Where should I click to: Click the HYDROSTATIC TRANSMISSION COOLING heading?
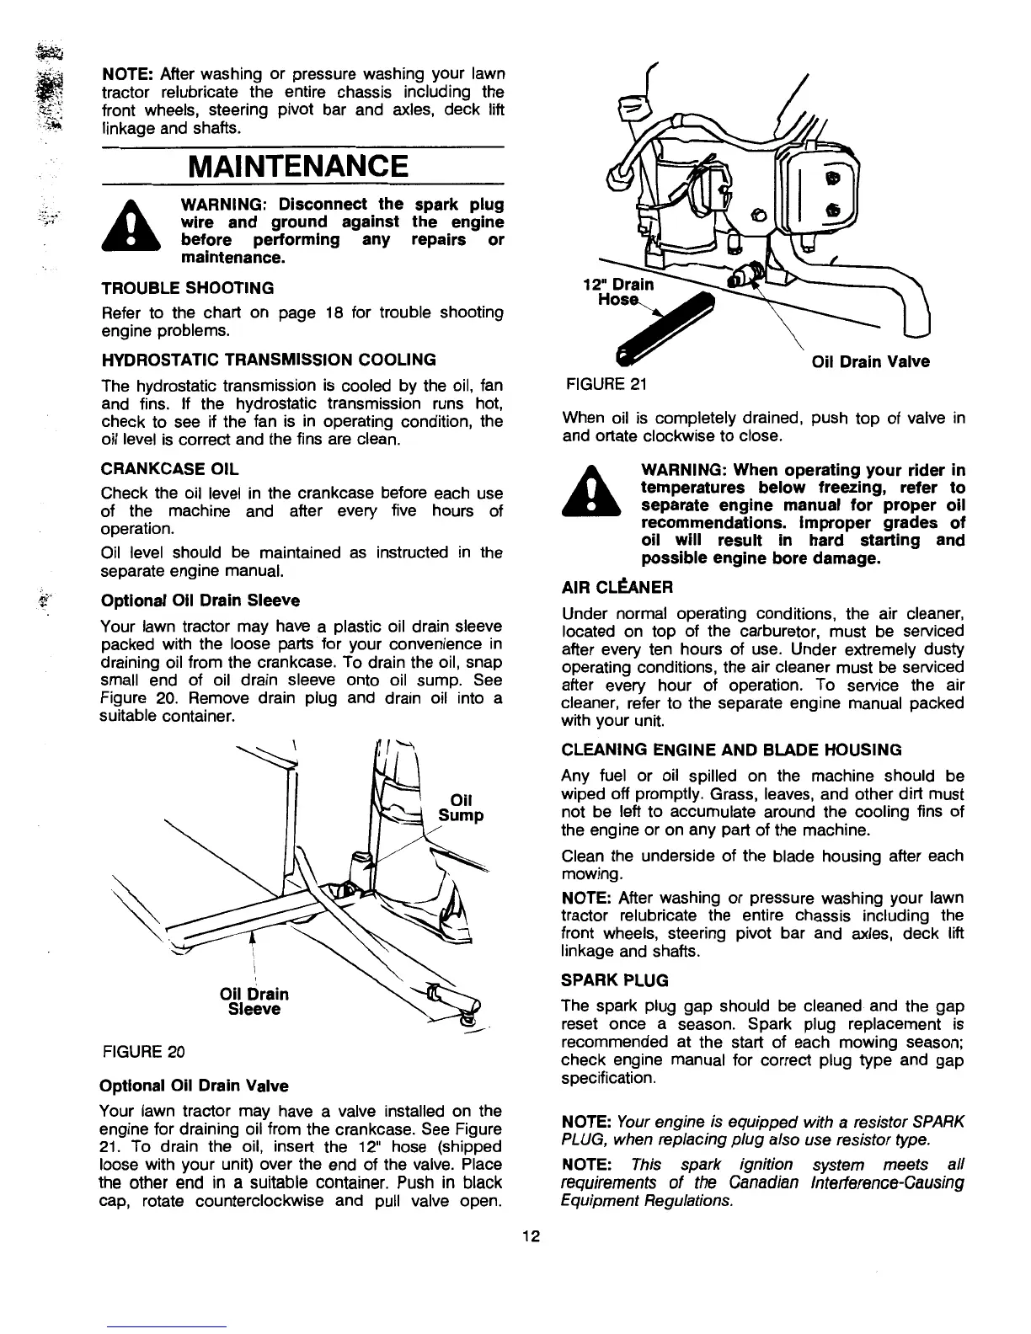click(268, 360)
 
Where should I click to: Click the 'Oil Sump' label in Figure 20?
click(461, 807)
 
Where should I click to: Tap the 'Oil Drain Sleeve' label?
click(254, 1001)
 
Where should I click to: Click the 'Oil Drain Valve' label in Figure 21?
click(870, 361)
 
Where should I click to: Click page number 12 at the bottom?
click(531, 1236)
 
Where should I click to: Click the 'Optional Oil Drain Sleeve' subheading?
click(199, 600)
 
